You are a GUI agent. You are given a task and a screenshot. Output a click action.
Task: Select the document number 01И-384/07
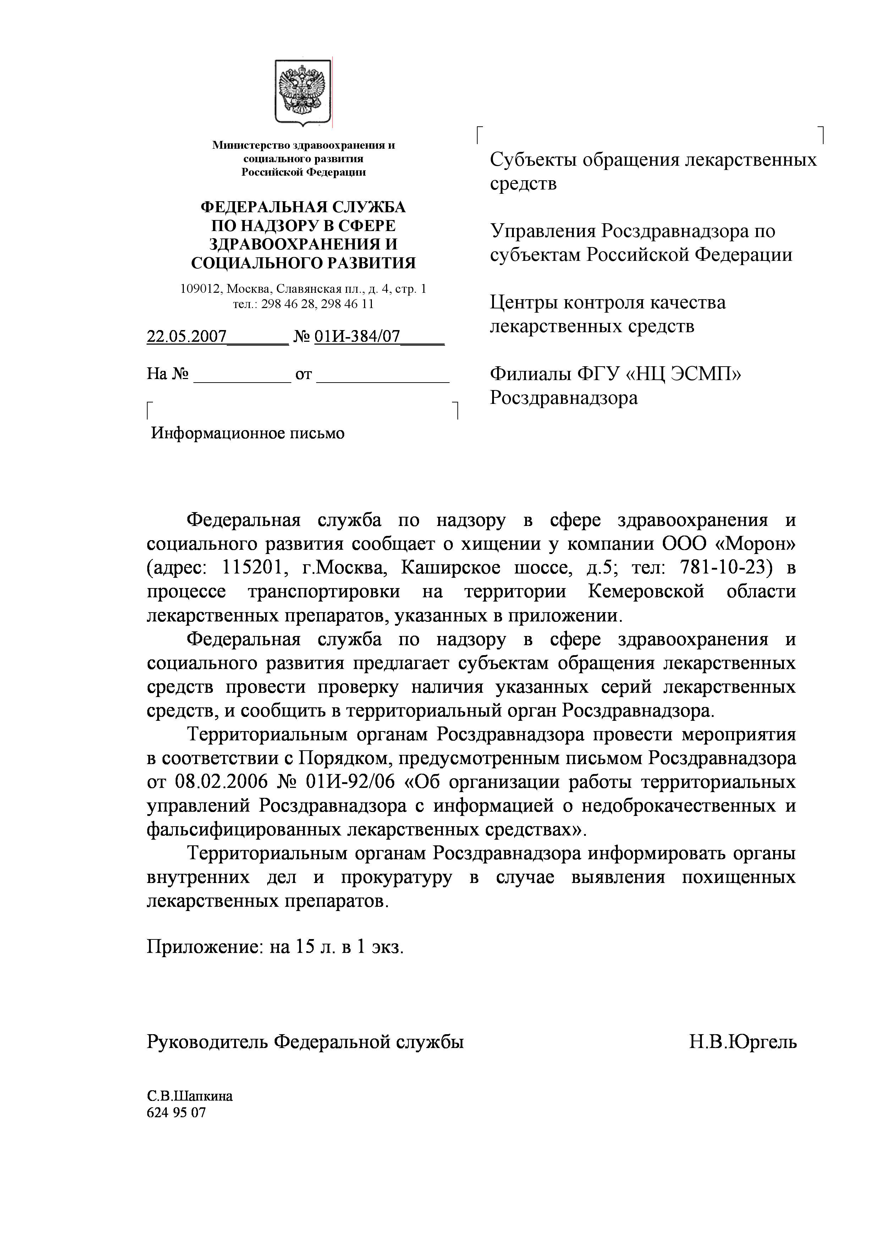[x=357, y=337]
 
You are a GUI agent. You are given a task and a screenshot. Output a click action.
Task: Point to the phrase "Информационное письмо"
[x=248, y=433]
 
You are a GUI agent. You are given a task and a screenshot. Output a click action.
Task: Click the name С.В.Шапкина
[x=190, y=1096]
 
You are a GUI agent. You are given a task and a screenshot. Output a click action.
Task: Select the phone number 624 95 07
[x=176, y=1113]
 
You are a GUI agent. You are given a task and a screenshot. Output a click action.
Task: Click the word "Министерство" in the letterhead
[x=251, y=145]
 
